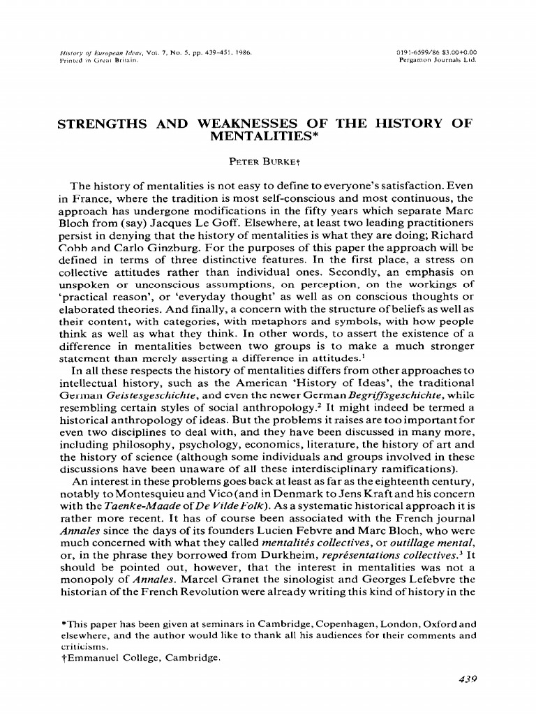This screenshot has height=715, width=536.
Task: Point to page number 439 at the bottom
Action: click(x=463, y=679)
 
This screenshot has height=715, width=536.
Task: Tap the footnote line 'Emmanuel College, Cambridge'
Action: click(x=142, y=657)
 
